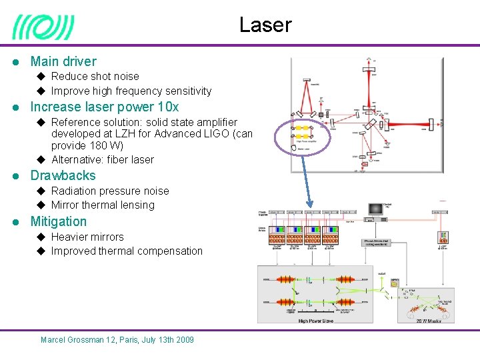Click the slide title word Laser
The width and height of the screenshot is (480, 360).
click(265, 25)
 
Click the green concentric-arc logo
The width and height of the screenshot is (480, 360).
click(43, 28)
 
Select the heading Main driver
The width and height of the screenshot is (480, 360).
click(63, 61)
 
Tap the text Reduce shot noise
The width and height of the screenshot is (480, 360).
click(95, 77)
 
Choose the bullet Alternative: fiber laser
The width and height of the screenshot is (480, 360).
click(102, 160)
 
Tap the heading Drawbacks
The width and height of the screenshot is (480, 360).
click(63, 176)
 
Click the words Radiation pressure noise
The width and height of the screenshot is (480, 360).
click(110, 191)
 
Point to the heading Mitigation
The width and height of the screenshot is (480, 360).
click(59, 222)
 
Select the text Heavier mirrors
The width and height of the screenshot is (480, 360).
click(87, 237)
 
